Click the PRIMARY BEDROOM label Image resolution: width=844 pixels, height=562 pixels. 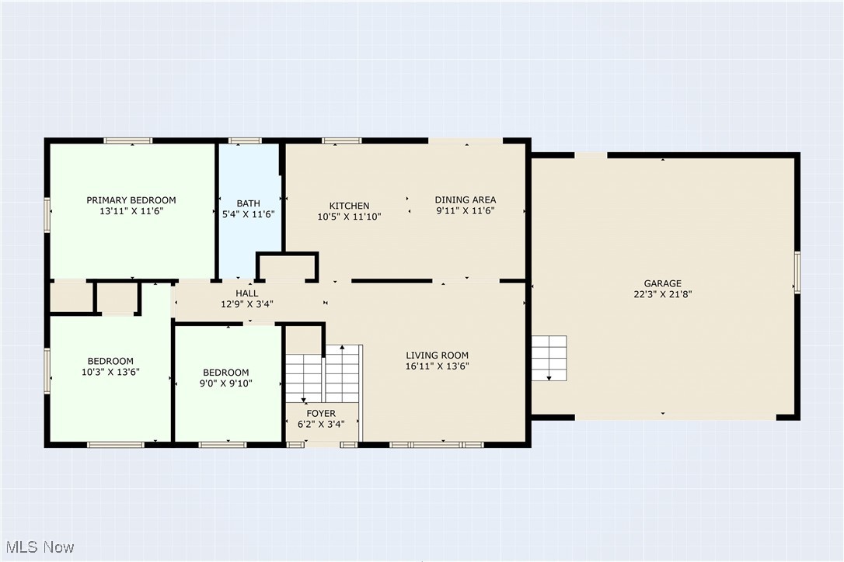(x=131, y=200)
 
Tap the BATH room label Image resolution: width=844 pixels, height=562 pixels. (x=249, y=203)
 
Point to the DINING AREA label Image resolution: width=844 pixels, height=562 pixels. (x=465, y=200)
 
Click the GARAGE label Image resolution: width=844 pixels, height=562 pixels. (x=662, y=284)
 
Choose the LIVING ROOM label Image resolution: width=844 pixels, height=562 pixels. (x=437, y=356)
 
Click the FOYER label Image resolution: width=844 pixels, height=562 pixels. (x=321, y=414)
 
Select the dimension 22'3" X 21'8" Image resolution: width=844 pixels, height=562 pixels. (x=662, y=294)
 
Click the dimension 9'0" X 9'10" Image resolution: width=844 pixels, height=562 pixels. (x=226, y=383)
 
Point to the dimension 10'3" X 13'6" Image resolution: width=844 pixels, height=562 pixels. (x=110, y=371)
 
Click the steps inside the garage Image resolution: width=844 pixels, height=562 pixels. (x=549, y=358)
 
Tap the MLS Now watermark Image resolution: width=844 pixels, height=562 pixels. (x=37, y=547)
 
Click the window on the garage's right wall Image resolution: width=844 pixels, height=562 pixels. (x=797, y=272)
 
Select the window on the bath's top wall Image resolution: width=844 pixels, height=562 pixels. (x=245, y=140)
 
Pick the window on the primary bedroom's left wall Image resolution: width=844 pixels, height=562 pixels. (x=47, y=214)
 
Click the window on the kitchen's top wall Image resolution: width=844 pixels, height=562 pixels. (x=342, y=140)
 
